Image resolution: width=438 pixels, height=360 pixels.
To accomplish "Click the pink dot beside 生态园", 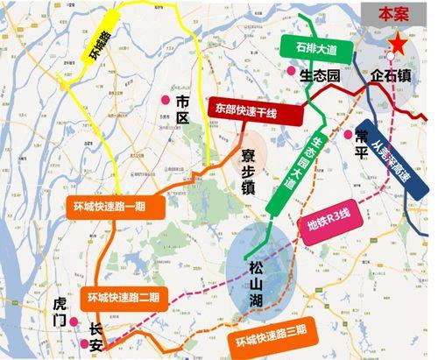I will point(290,71).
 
